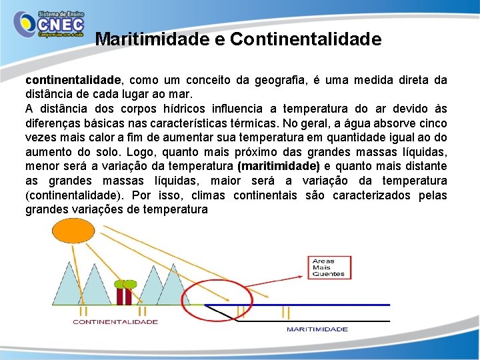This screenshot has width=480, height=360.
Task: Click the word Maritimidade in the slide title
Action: click(153, 39)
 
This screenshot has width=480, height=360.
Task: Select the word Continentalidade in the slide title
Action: click(306, 39)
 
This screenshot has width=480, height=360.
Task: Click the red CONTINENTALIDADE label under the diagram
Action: click(115, 322)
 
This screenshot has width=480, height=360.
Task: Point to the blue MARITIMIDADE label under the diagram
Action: click(317, 329)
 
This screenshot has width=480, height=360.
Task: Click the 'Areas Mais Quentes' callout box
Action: click(329, 267)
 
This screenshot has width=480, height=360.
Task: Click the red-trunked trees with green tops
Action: click(125, 292)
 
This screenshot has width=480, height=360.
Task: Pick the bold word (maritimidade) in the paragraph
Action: click(279, 167)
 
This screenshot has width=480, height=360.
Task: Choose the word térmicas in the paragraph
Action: click(253, 123)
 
